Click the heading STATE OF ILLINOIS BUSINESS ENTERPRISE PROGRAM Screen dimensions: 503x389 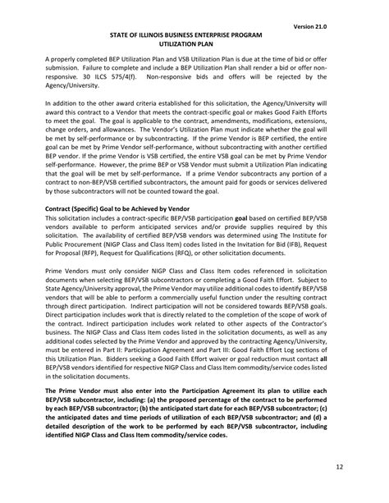(x=194, y=36)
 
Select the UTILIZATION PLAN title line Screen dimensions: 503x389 (x=194, y=46)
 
